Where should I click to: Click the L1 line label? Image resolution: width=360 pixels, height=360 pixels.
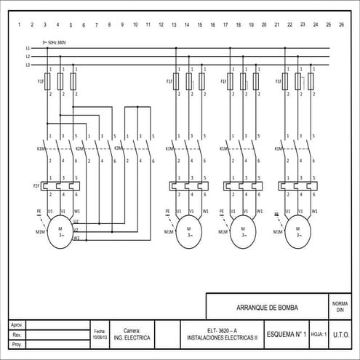[28, 49]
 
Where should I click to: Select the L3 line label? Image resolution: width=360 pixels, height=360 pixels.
[28, 65]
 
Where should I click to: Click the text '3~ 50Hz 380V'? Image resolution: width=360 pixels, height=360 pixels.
[55, 42]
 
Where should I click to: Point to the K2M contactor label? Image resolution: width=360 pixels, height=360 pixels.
[79, 148]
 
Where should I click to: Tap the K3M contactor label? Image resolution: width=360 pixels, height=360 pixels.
[119, 148]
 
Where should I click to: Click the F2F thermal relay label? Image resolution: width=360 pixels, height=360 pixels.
[36, 187]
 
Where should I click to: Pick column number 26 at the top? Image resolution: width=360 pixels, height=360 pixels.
[341, 25]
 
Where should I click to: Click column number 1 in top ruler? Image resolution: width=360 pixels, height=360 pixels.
[20, 25]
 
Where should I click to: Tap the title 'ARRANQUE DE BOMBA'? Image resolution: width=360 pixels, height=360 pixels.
[267, 308]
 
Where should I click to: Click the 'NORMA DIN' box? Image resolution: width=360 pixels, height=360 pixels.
[340, 306]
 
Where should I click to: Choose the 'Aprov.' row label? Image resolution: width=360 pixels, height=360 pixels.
[17, 324]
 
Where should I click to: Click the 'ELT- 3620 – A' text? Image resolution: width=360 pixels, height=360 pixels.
[221, 331]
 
